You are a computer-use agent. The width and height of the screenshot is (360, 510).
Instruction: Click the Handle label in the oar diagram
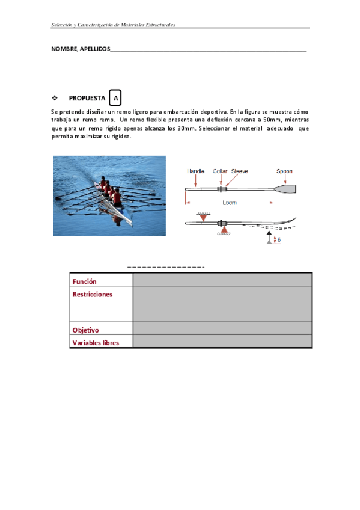(x=195, y=171)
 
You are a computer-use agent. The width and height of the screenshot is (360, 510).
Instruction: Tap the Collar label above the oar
(x=219, y=171)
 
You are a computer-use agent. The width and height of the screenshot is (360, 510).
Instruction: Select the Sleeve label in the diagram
(x=239, y=171)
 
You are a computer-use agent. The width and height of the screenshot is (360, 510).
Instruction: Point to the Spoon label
(x=284, y=171)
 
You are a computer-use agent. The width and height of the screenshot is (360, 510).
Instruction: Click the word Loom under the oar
(x=230, y=203)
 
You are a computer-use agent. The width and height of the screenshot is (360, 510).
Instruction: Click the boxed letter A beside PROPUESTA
(x=115, y=97)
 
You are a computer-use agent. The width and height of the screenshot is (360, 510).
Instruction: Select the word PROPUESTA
(x=87, y=98)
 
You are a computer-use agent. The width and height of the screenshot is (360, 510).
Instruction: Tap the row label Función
(x=85, y=281)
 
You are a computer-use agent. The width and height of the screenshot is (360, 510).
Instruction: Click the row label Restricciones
(x=93, y=294)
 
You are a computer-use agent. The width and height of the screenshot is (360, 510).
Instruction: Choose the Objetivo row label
(x=85, y=330)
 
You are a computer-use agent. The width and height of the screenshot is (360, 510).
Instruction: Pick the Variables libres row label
(x=96, y=343)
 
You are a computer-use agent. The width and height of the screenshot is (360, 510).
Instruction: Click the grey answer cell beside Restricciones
(x=222, y=304)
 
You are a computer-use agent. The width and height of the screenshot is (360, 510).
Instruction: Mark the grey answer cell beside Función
(x=222, y=280)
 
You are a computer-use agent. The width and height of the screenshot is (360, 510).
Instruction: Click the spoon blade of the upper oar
(x=285, y=189)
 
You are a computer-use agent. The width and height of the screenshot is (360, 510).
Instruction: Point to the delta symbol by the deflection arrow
(x=279, y=240)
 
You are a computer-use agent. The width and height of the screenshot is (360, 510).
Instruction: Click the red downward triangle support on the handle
(x=203, y=217)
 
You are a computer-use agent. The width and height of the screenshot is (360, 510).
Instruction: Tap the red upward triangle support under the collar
(x=224, y=230)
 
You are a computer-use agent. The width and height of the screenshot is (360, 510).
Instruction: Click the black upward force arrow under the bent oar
(x=269, y=236)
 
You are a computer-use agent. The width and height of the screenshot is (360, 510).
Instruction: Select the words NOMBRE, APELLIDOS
(x=81, y=49)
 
